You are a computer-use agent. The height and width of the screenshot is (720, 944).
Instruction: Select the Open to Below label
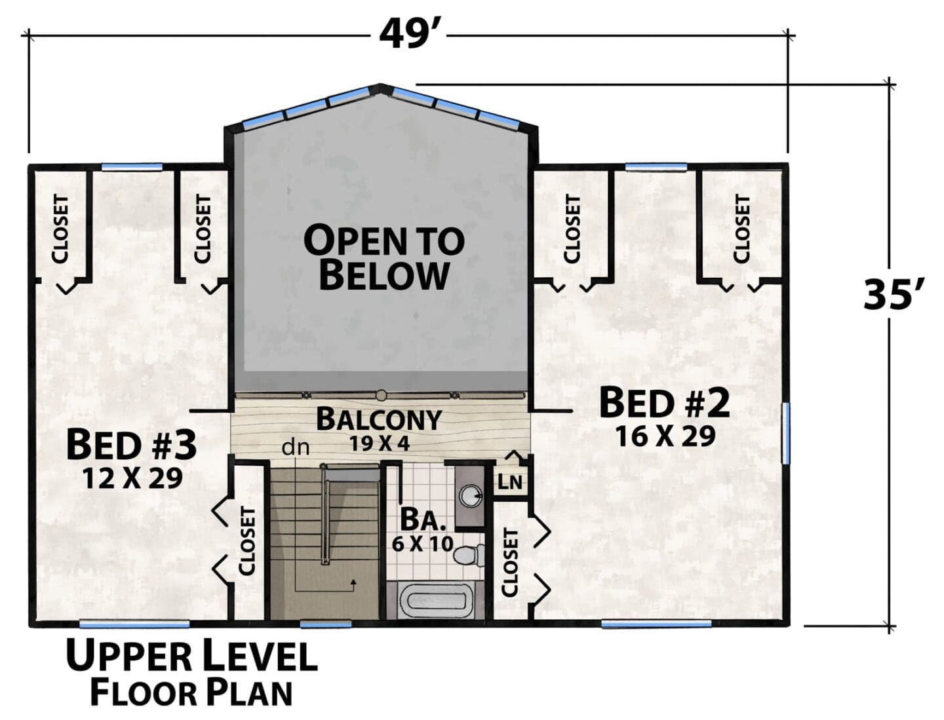(384, 258)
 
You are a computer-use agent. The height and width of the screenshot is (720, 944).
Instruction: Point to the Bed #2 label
(665, 402)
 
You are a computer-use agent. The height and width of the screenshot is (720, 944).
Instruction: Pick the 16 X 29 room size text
(666, 436)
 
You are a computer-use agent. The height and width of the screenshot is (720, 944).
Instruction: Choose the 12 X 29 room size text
(132, 478)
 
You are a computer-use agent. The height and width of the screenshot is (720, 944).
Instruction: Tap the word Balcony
(379, 419)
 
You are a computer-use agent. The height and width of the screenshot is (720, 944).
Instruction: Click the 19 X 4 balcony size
(379, 444)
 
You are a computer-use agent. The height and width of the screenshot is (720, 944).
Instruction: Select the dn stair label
(296, 448)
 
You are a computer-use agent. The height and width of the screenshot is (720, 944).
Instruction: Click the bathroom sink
(471, 497)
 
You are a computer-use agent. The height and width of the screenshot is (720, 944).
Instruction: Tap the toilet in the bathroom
(469, 556)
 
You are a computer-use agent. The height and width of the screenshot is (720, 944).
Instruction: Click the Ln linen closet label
(510, 482)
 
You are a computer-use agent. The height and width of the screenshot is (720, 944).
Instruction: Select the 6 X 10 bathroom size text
(423, 544)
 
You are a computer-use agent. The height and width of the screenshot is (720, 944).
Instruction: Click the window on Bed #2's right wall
(786, 433)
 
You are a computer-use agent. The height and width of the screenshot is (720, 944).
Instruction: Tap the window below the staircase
(326, 624)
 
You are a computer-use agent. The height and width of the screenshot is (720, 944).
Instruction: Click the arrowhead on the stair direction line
(353, 582)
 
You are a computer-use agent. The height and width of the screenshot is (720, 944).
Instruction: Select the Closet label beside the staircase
(248, 541)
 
